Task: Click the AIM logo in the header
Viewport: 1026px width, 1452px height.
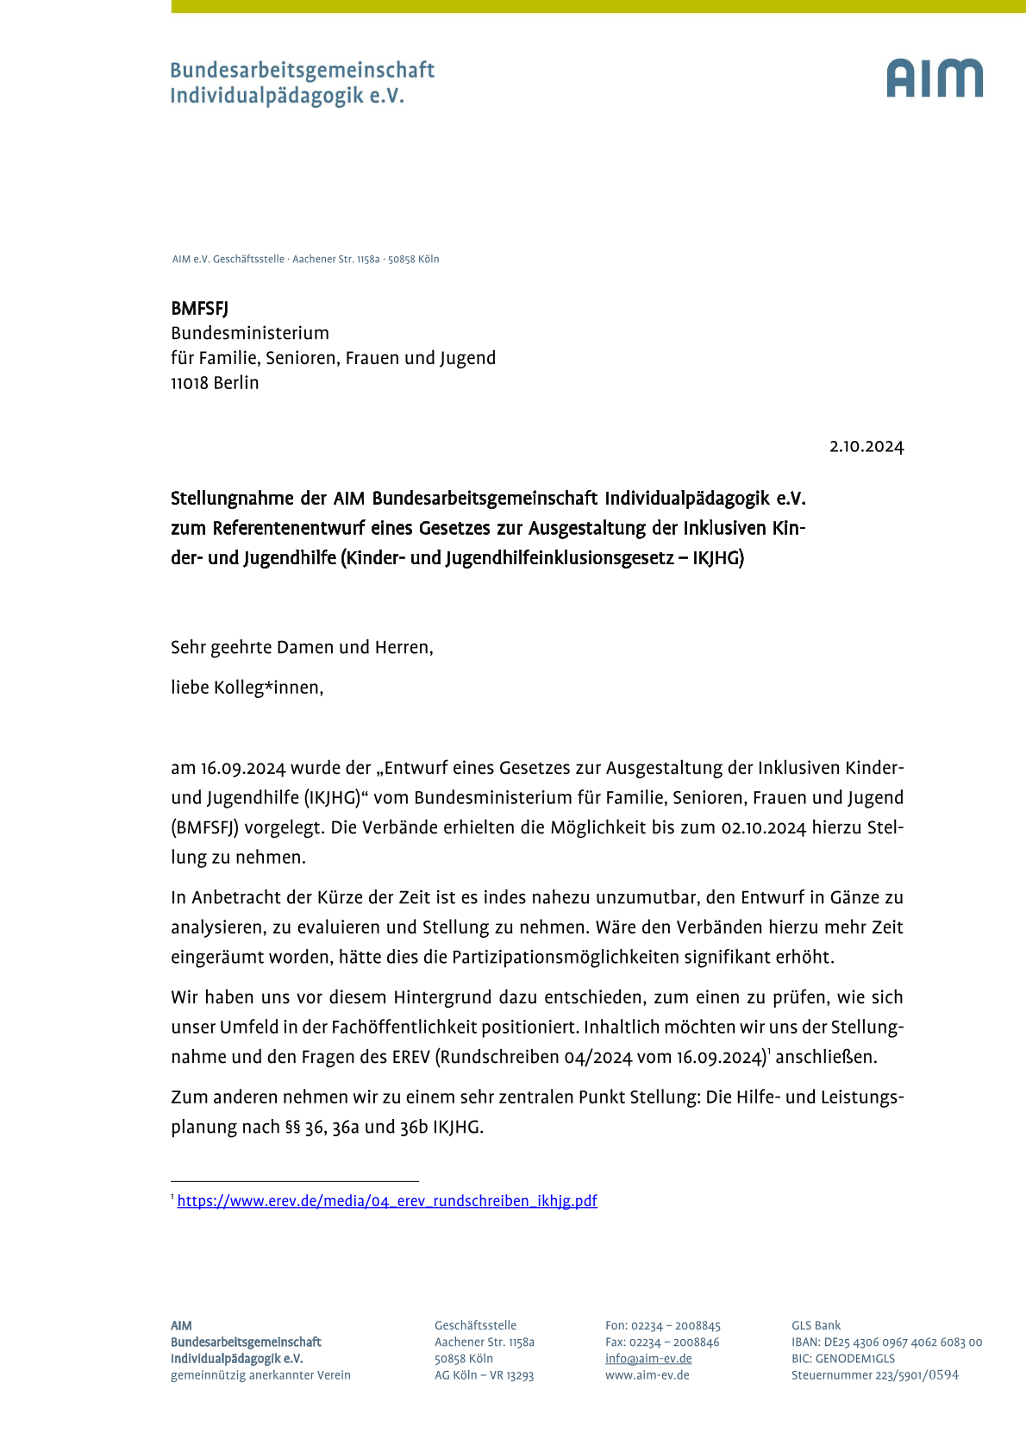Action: point(935,79)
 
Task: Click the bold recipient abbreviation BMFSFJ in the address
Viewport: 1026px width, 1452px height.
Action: point(199,309)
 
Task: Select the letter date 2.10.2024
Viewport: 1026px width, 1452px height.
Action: point(866,447)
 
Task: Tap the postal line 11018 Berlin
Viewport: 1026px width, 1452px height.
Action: point(215,383)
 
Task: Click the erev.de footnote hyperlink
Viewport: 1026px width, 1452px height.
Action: point(387,1201)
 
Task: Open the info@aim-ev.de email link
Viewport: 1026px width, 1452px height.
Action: point(648,1359)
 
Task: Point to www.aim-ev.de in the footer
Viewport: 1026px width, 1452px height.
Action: point(647,1375)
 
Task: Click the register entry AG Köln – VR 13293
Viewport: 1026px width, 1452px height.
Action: point(484,1375)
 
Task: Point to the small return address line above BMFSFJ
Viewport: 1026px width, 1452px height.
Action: point(305,259)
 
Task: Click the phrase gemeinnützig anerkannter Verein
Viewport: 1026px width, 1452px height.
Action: point(260,1375)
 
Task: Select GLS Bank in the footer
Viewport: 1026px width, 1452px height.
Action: point(816,1326)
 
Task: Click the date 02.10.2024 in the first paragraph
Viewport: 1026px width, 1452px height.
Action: point(763,828)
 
